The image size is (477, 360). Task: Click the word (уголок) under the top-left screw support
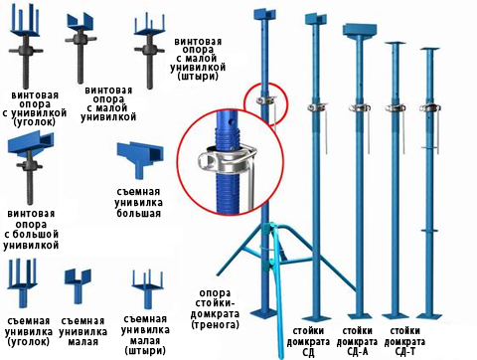click(x=35, y=122)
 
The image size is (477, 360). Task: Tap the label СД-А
click(x=357, y=351)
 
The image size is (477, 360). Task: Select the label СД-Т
click(x=405, y=351)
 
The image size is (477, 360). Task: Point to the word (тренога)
click(x=215, y=324)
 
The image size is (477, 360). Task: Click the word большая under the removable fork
click(x=138, y=213)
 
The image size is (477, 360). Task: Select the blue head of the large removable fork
click(x=140, y=157)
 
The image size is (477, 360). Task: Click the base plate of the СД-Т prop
click(x=429, y=315)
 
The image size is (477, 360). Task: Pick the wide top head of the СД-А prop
click(x=359, y=30)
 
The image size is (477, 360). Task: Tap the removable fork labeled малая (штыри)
click(x=147, y=288)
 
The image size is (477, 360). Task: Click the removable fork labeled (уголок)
click(x=22, y=281)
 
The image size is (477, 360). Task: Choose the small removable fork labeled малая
click(x=78, y=285)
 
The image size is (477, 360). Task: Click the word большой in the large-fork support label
click(x=32, y=235)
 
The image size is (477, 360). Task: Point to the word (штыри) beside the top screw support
click(x=198, y=77)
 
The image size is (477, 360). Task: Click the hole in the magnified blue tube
click(x=230, y=122)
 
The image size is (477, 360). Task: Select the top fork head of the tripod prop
click(x=264, y=14)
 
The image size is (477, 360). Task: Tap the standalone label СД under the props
click(x=308, y=352)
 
